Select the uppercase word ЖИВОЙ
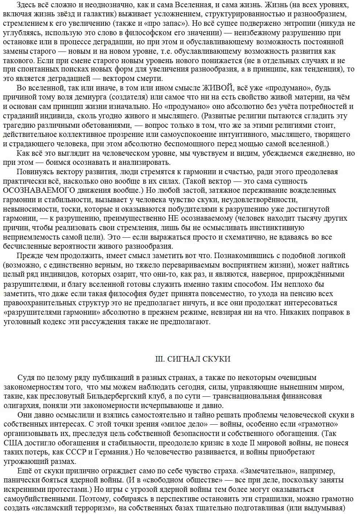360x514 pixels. tap(217, 88)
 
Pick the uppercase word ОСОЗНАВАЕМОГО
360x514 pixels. tap(39, 190)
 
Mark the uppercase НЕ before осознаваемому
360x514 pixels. tap(172, 218)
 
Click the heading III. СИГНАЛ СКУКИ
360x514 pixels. tap(193, 359)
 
